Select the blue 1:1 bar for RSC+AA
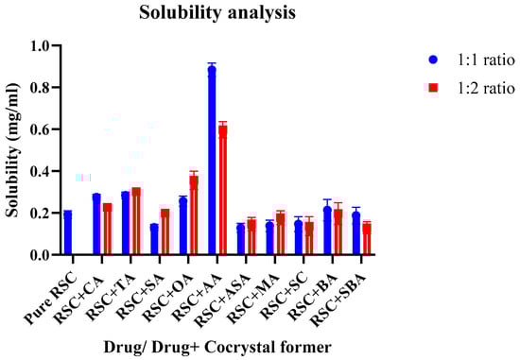point(212,161)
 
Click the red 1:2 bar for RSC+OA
point(194,215)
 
